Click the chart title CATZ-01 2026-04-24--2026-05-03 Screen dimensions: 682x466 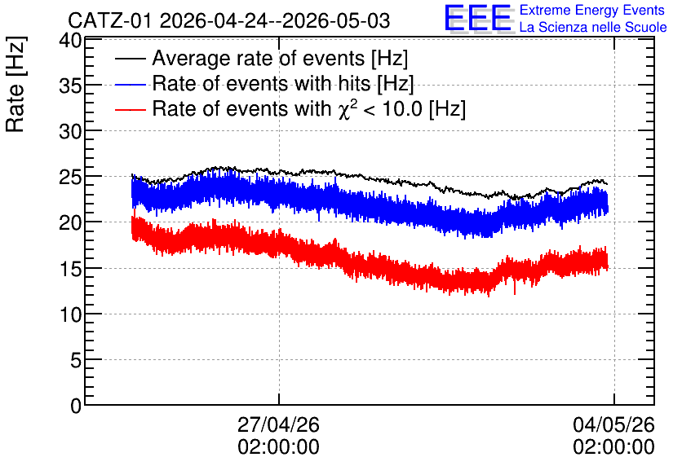point(228,20)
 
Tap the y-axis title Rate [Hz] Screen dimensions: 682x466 point(15,84)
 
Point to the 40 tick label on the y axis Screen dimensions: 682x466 point(70,41)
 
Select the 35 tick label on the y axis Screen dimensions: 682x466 point(70,86)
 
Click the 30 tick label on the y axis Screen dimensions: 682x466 point(70,131)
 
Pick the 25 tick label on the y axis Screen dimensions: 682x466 point(70,177)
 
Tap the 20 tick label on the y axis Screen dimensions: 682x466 point(70,222)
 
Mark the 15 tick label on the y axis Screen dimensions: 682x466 point(70,269)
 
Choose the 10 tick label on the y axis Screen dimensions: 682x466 point(70,314)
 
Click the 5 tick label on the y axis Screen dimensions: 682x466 point(76,360)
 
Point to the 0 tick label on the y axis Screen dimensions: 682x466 point(76,406)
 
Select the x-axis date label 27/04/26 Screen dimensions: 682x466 point(278,424)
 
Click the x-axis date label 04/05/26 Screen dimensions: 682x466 point(613,424)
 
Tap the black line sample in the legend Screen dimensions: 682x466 point(130,59)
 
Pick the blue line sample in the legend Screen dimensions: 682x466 point(130,84)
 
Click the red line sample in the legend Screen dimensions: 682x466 point(130,109)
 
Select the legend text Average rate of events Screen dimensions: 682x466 point(259,58)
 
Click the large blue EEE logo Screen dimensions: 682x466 point(478,19)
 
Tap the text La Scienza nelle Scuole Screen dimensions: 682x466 point(593,27)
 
